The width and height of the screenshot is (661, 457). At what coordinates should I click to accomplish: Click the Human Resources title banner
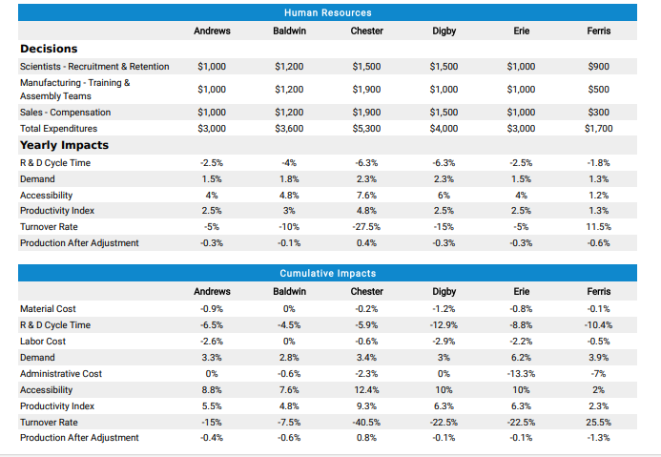tap(327, 12)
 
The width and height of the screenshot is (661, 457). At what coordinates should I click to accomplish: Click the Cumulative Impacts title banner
tap(327, 274)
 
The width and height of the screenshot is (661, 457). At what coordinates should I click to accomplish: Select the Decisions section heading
tap(49, 49)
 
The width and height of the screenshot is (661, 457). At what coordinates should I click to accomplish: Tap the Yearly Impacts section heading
tap(64, 146)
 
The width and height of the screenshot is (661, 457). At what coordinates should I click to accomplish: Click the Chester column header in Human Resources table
tap(367, 31)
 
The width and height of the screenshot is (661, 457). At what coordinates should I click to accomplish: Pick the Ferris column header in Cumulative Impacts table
tap(599, 291)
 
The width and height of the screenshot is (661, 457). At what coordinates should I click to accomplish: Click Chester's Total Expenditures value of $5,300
tap(367, 128)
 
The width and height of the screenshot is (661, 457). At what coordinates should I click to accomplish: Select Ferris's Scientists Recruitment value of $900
tap(599, 67)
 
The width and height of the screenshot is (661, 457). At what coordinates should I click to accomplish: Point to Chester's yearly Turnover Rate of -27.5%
tap(367, 227)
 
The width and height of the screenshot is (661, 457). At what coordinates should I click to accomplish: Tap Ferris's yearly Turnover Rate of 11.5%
tap(599, 227)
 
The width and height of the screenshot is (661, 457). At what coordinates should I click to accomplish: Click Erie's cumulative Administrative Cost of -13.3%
tap(522, 374)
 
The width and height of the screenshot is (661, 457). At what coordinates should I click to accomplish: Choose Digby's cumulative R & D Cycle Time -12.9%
tap(444, 325)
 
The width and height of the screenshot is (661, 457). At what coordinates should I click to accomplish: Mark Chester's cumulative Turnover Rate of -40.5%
tap(367, 422)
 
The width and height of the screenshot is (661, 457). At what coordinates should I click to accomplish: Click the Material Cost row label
tap(48, 309)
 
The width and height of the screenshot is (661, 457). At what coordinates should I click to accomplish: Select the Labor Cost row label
tap(43, 342)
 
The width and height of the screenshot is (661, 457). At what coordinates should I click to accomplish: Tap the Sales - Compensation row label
tap(65, 112)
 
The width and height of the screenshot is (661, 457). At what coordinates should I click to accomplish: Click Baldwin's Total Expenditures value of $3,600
tap(289, 128)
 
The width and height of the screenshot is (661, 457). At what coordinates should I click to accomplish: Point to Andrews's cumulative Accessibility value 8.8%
tap(212, 389)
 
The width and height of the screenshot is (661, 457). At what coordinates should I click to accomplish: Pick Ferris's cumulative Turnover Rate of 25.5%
tap(599, 422)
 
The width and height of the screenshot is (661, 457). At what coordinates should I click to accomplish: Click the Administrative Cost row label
tap(61, 374)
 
